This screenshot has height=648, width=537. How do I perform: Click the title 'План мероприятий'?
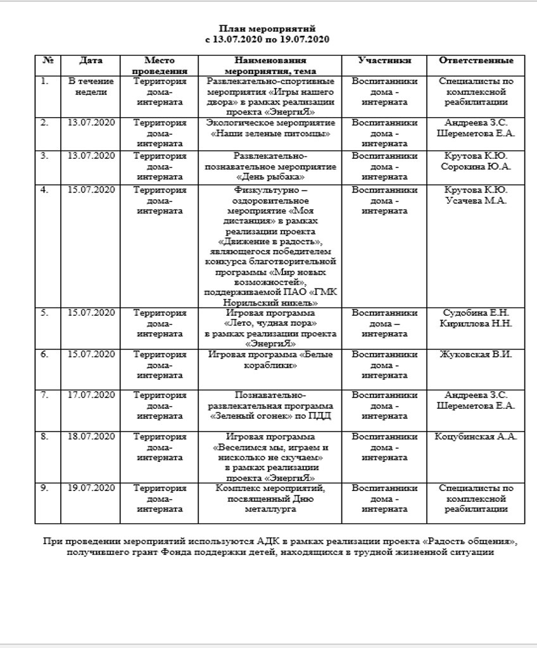pyautogui.click(x=267, y=29)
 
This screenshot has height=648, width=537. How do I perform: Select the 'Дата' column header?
pyautogui.click(x=91, y=61)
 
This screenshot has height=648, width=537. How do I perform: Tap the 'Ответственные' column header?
pyautogui.click(x=476, y=61)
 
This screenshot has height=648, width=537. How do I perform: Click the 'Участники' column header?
pyautogui.click(x=384, y=61)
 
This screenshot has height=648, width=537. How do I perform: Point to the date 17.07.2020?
pyautogui.click(x=91, y=396)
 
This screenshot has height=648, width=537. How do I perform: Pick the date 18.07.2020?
pyautogui.click(x=91, y=437)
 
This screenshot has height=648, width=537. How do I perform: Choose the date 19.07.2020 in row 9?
pyautogui.click(x=91, y=489)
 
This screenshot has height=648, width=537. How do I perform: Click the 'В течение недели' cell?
pyautogui.click(x=91, y=86)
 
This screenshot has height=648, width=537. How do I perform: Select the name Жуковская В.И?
pyautogui.click(x=476, y=354)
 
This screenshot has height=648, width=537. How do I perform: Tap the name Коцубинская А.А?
pyautogui.click(x=476, y=437)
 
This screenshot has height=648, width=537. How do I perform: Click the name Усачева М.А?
pyautogui.click(x=476, y=201)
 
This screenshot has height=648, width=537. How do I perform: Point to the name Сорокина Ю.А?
pyautogui.click(x=476, y=166)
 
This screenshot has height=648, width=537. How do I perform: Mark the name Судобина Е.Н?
pyautogui.click(x=476, y=313)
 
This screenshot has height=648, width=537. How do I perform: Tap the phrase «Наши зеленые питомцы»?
pyautogui.click(x=270, y=134)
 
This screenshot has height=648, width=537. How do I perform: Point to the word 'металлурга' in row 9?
pyautogui.click(x=270, y=509)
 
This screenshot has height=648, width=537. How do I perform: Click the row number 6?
pyautogui.click(x=44, y=354)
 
